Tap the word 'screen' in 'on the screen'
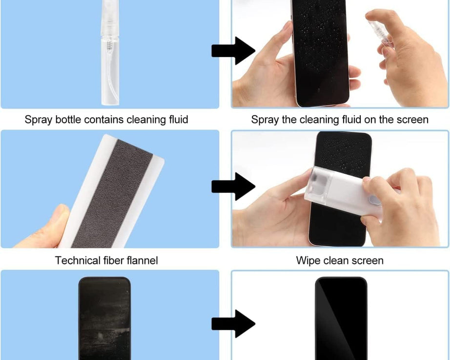pyautogui.click(x=411, y=120)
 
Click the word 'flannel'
pyautogui.click(x=142, y=260)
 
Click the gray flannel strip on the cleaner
pyautogui.click(x=112, y=195)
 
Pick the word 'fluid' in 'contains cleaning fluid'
pyautogui.click(x=177, y=120)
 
